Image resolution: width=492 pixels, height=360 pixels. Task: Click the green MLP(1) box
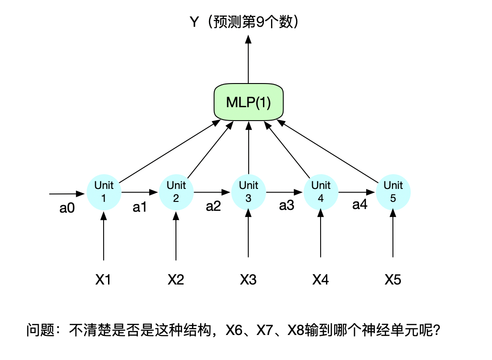point(249,102)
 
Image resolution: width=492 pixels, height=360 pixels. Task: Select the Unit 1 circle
point(104,192)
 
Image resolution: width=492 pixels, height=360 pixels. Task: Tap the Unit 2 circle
point(176,192)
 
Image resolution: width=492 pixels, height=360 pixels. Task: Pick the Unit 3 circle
point(249,192)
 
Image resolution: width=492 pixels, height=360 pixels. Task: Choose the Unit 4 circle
point(321,192)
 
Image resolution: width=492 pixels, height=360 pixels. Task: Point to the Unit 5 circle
point(393,192)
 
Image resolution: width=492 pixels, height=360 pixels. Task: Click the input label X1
point(103,280)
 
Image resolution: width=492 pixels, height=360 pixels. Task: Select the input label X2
point(176,280)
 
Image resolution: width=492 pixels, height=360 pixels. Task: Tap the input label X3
point(248,280)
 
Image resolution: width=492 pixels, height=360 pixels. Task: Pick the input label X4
point(321,280)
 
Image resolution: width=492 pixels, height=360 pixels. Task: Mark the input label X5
point(393,280)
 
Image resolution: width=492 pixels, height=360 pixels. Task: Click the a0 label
point(67,209)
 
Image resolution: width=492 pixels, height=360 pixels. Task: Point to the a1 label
point(140,207)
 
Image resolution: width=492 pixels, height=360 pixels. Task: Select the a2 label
point(213,206)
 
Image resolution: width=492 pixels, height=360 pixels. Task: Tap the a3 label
point(287,205)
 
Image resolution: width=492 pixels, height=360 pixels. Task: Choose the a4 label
point(360,205)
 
